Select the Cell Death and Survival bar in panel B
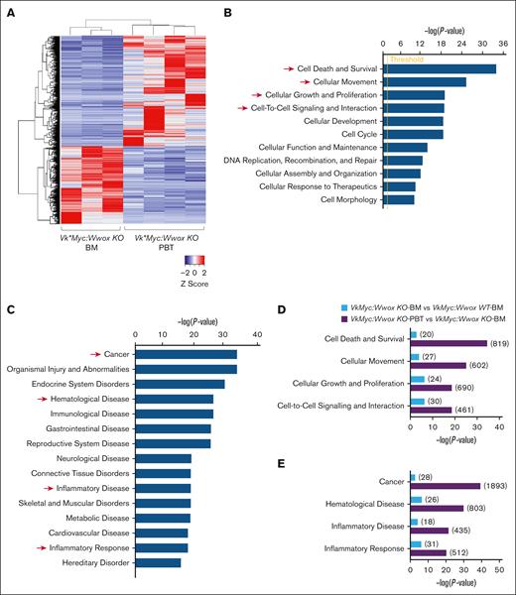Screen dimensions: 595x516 pyautogui.click(x=439, y=68)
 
